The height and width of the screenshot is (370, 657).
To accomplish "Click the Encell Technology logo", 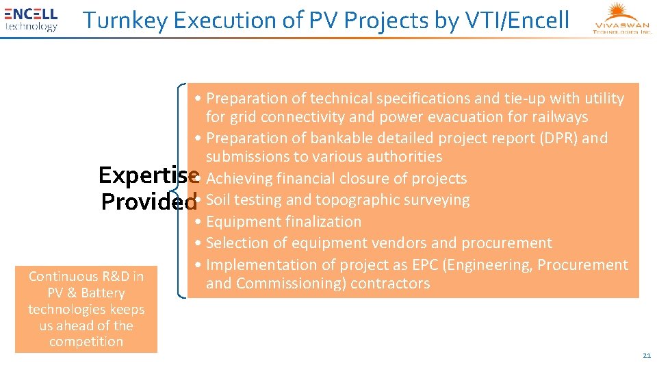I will coord(31,19).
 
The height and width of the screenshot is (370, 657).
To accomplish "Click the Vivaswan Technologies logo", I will coord(623,19).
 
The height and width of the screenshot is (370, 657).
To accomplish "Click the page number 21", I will coord(646,356).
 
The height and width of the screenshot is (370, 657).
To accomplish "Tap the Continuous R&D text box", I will coord(86,309).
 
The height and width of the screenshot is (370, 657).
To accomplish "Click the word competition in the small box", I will coord(86,341).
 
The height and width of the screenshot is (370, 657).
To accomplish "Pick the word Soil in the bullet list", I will coord(219,200).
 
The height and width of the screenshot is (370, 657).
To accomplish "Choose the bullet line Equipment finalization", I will coord(283,221).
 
